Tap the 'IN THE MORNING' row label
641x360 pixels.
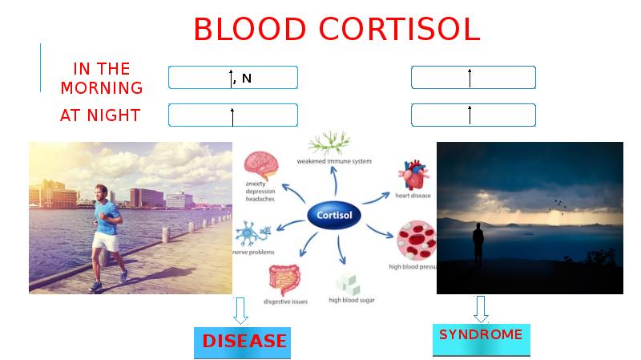(102, 78)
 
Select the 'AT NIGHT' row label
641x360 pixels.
(100, 115)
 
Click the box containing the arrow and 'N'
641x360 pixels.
(232, 78)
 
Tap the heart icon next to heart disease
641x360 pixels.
(414, 176)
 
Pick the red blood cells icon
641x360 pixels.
(417, 241)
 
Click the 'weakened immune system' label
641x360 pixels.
(334, 161)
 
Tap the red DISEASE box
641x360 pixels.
(243, 342)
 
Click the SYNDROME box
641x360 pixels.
(481, 337)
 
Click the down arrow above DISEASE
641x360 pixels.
(240, 310)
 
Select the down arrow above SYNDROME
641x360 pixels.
(481, 308)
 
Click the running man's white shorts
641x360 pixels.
(104, 240)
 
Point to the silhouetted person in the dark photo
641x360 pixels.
(478, 244)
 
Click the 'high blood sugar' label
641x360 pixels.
(352, 301)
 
